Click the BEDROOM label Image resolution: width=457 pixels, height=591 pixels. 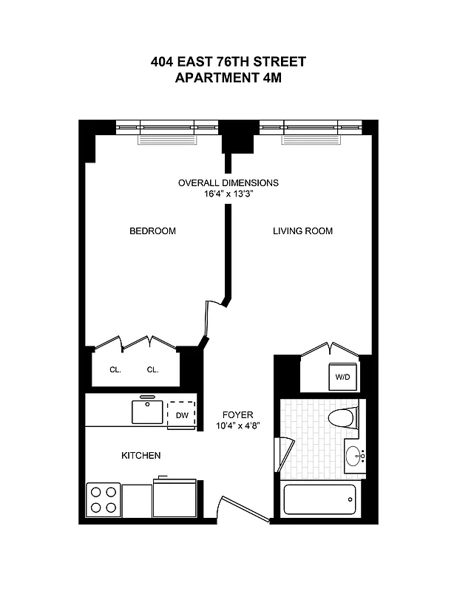[152, 231]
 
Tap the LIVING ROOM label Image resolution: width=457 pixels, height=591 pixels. [302, 231]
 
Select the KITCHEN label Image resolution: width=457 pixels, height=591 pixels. [141, 456]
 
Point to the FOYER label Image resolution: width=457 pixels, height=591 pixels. [238, 415]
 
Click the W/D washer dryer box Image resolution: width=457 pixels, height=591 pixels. [342, 377]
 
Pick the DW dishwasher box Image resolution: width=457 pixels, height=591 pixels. [182, 415]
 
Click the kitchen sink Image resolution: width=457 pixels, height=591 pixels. [147, 411]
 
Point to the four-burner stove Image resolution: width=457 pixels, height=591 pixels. [104, 499]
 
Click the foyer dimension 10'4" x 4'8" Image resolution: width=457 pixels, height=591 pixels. [238, 426]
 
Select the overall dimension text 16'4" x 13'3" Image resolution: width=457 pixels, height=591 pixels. [228, 194]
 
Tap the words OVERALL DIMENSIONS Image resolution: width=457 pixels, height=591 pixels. [228, 182]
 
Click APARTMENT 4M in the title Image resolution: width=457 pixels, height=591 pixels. [228, 77]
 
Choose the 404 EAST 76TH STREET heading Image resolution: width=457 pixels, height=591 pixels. [228, 62]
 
